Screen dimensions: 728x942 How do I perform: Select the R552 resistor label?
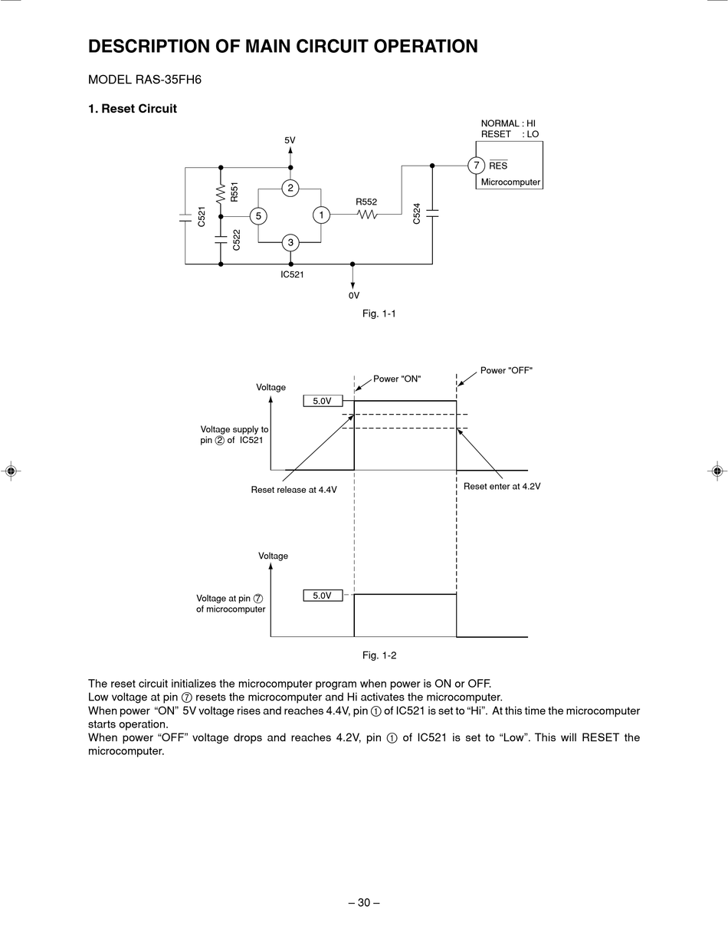pyautogui.click(x=366, y=202)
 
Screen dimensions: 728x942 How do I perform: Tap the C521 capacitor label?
pyautogui.click(x=201, y=216)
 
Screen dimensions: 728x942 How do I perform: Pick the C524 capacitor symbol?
pyautogui.click(x=432, y=213)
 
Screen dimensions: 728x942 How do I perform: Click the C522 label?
pyautogui.click(x=236, y=240)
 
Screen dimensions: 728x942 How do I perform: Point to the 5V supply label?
pyautogui.click(x=290, y=140)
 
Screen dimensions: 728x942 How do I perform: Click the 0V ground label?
pyautogui.click(x=354, y=296)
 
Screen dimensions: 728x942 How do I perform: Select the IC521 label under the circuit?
pyautogui.click(x=292, y=274)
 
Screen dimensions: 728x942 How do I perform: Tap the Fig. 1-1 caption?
pyautogui.click(x=379, y=313)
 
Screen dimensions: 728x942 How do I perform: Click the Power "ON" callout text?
pyautogui.click(x=397, y=379)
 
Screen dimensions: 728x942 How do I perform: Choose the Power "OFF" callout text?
pyautogui.click(x=506, y=370)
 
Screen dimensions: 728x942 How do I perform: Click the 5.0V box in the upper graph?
pyautogui.click(x=323, y=401)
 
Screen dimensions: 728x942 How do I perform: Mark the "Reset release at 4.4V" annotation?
pyautogui.click(x=293, y=490)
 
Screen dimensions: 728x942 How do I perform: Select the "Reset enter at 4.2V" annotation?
pyautogui.click(x=502, y=487)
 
